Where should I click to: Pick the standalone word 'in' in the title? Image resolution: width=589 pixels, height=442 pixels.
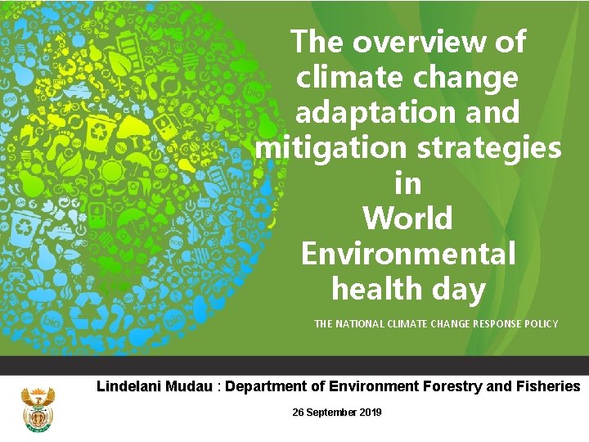click(407, 183)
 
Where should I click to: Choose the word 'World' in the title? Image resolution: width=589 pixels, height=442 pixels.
click(407, 219)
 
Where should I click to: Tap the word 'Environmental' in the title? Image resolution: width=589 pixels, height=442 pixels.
click(408, 253)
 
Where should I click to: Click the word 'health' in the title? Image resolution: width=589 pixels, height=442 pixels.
click(378, 289)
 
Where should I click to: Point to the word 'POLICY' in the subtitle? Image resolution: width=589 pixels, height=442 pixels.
click(539, 324)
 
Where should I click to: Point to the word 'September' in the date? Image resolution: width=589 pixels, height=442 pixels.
click(330, 413)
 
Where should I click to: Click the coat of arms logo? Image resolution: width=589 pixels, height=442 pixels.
click(37, 410)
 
